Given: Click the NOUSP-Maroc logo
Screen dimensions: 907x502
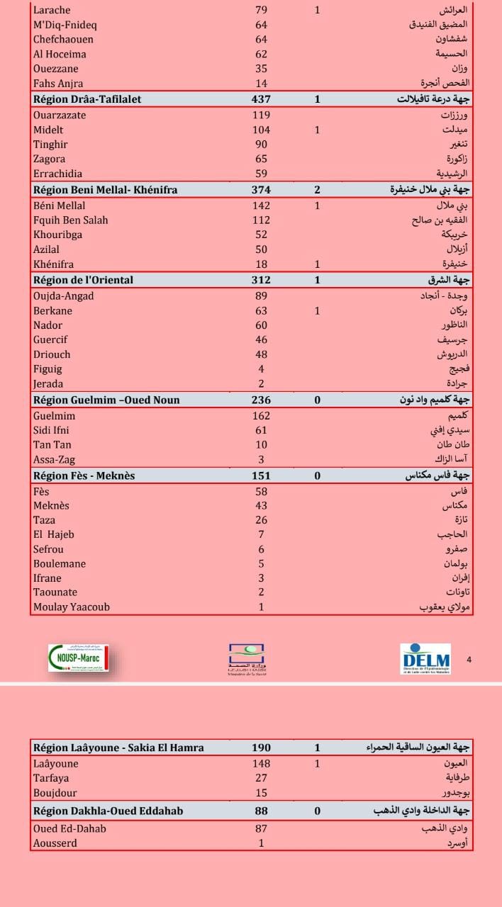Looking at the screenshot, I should coord(78,658).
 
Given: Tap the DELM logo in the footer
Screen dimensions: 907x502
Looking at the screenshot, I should coord(425,659).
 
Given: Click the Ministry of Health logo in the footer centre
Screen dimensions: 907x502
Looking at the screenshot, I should coord(246,659).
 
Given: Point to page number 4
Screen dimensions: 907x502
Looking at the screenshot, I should coord(469,660).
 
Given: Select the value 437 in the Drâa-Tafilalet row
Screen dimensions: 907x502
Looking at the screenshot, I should coord(261,99).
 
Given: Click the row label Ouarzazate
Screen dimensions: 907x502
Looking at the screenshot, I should coord(60,115).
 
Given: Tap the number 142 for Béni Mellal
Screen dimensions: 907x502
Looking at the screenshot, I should coord(261,205).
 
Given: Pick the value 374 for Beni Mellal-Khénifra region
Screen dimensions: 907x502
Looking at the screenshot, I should coord(261,190).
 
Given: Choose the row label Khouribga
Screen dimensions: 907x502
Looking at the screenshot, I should coord(57,235).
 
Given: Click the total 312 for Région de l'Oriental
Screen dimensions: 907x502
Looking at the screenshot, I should coord(261,280).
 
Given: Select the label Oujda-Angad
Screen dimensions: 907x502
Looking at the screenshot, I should coord(63,295).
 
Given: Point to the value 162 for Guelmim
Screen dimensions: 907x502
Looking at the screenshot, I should coord(261,416).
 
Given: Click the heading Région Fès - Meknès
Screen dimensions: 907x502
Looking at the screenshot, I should coord(84,475).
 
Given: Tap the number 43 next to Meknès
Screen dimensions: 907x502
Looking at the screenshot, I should coord(261,505).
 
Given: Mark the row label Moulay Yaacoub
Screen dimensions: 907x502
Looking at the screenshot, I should coord(72,607).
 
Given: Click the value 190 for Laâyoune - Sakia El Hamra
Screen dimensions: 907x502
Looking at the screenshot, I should coord(261,748).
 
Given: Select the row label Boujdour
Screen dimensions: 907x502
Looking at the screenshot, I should coord(55,793).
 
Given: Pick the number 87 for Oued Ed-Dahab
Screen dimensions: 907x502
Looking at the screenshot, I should coord(261,828).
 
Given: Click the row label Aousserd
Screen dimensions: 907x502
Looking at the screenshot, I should coord(55,843).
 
